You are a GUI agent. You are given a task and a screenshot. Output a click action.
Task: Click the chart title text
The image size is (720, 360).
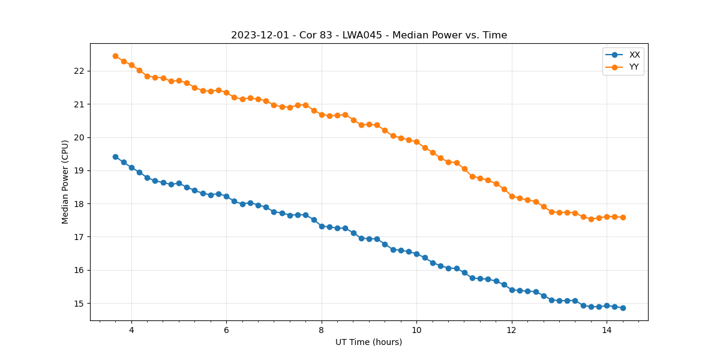[369, 35]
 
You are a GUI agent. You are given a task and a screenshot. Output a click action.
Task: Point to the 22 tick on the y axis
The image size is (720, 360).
[80, 71]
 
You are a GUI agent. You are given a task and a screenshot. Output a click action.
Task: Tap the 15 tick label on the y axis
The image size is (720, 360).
[80, 304]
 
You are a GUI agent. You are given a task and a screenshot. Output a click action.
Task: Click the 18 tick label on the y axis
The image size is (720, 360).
[80, 204]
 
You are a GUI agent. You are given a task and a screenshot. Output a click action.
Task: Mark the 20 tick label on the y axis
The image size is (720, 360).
[80, 137]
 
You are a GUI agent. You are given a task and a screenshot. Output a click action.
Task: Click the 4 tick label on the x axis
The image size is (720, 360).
[131, 330]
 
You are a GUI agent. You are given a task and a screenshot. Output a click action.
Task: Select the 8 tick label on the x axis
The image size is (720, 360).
[322, 330]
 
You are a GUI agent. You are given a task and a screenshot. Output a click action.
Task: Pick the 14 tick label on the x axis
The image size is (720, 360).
[607, 330]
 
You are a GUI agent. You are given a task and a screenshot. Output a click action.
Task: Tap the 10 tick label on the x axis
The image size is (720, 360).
[416, 330]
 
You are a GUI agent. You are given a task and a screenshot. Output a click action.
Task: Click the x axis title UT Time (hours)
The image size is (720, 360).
[369, 342]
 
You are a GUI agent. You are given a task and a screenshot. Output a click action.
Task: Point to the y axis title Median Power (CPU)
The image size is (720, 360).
[65, 182]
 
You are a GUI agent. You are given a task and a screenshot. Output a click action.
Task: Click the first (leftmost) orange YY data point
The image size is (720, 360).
[115, 56]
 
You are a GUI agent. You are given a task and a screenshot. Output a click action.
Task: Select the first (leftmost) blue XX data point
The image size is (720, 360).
[115, 157]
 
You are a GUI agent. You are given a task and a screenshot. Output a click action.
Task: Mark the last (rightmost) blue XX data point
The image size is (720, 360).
[623, 308]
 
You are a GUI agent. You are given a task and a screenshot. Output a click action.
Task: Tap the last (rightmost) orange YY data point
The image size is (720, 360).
[623, 217]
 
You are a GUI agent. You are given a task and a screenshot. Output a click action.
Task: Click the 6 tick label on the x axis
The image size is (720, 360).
[226, 330]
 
